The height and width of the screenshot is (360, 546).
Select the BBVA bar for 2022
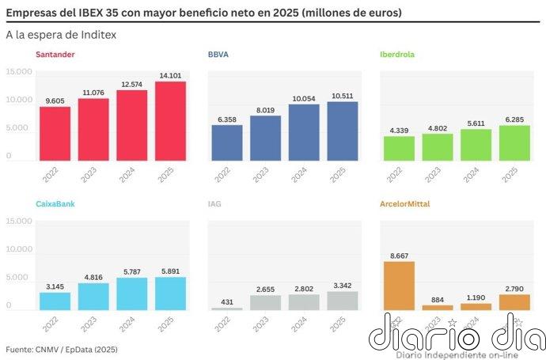[227, 142]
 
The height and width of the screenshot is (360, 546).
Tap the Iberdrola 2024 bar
[476, 145]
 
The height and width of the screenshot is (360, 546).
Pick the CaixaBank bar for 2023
[93, 296]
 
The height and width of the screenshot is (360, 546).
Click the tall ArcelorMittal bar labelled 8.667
[399, 285]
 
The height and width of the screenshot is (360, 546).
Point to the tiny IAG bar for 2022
[227, 308]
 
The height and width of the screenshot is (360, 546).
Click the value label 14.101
[170, 75]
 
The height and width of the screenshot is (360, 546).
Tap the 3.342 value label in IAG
[342, 285]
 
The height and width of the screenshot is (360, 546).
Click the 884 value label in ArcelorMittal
[438, 298]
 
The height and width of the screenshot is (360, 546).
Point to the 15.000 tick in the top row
[19, 72]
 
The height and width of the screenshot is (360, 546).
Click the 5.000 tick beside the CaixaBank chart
[21, 277]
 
